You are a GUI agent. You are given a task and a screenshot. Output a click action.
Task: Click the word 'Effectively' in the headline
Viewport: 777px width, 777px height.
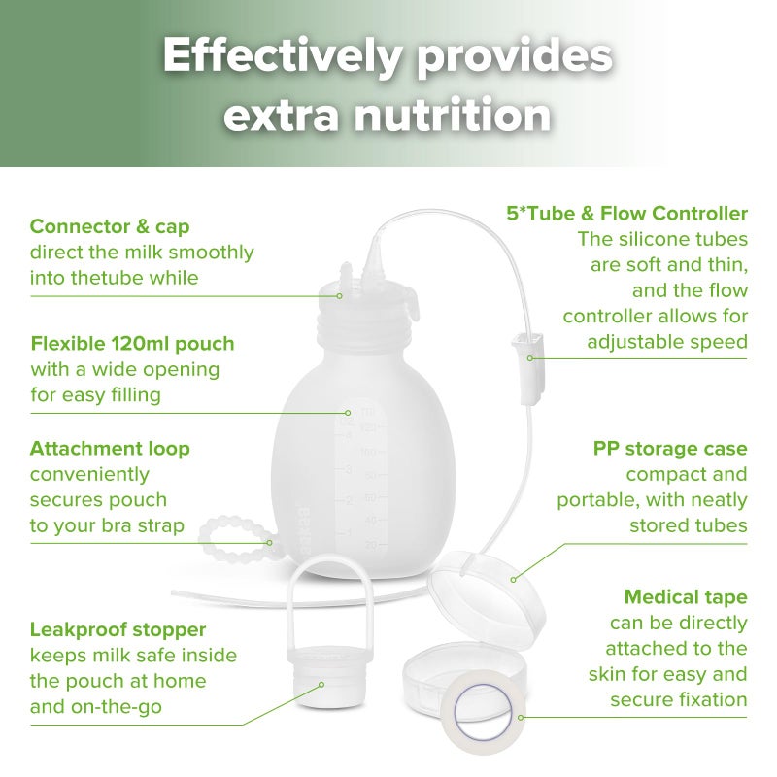pos(280,57)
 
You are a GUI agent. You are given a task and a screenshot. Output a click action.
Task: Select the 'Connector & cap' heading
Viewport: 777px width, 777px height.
pos(110,226)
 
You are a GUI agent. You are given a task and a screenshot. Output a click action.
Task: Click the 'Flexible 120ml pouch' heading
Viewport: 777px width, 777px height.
pos(132,344)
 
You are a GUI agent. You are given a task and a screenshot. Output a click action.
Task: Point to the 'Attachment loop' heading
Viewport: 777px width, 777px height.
pos(110,449)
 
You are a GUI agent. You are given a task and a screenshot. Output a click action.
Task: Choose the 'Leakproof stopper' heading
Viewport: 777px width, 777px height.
pos(118,630)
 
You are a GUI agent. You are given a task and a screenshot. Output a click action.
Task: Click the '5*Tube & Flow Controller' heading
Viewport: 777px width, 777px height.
pos(627,213)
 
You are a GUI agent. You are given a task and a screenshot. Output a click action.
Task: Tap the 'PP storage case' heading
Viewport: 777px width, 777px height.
pos(670,449)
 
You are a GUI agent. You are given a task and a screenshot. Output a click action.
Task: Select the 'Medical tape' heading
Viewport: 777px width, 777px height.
pos(686,596)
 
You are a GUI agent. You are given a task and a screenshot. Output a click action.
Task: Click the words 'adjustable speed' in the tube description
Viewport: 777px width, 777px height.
pos(666,341)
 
